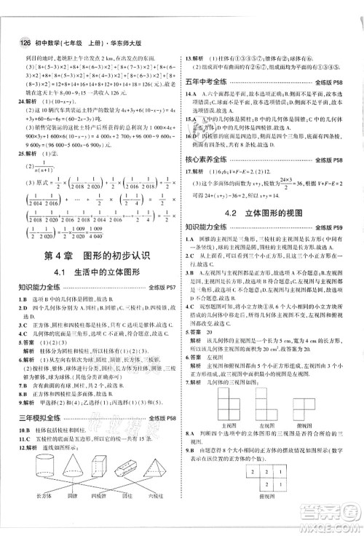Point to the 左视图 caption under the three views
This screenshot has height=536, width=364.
[x=256, y=424]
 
